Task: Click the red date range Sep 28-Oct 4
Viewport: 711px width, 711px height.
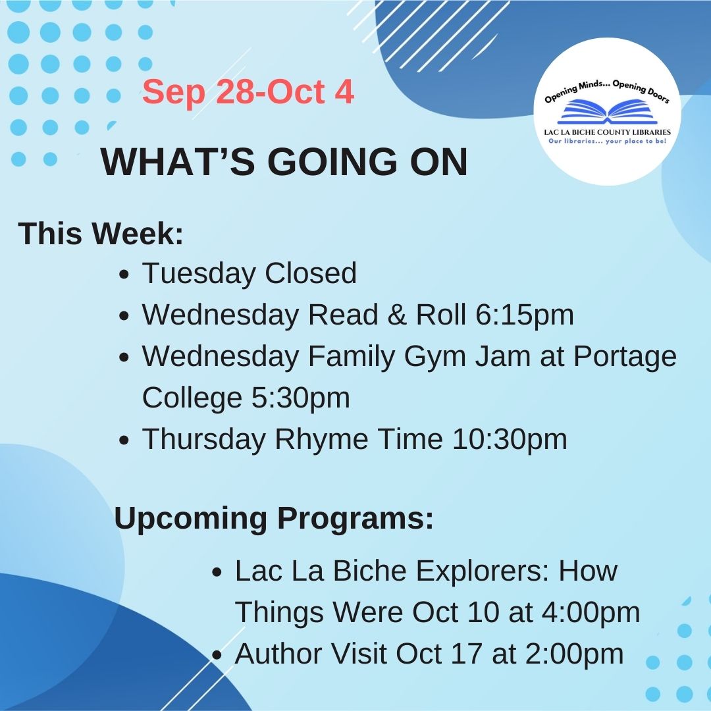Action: click(248, 92)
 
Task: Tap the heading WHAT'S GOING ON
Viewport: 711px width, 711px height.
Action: click(284, 162)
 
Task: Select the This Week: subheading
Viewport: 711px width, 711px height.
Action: click(101, 234)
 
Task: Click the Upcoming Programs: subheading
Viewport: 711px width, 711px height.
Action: click(274, 518)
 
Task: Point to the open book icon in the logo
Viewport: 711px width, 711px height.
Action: click(607, 111)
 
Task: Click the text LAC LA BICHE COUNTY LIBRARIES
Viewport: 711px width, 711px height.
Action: click(607, 132)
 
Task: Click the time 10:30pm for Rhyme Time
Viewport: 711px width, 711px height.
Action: click(509, 439)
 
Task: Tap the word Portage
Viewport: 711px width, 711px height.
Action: click(625, 357)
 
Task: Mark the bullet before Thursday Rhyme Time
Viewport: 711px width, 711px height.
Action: click(124, 441)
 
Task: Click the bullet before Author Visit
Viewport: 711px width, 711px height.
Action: click(217, 655)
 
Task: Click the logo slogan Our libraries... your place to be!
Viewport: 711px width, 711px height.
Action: click(607, 142)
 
